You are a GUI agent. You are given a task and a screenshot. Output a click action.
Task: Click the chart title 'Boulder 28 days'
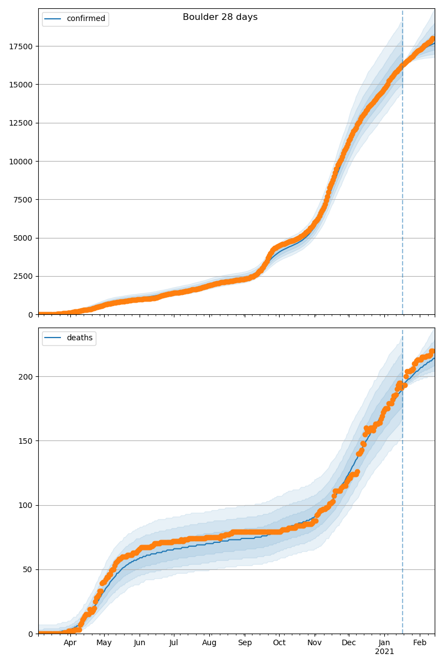(220, 17)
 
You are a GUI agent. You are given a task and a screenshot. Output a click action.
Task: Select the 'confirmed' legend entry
(85, 19)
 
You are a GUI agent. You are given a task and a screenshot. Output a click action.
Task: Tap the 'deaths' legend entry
(79, 338)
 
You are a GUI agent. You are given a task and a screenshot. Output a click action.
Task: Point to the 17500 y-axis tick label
(20, 46)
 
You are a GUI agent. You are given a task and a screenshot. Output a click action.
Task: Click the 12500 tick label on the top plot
(20, 123)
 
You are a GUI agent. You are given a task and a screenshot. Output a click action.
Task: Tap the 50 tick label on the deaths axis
(28, 570)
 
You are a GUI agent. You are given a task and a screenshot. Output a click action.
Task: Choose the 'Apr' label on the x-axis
(70, 643)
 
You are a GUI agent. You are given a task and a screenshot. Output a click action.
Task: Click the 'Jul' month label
(173, 643)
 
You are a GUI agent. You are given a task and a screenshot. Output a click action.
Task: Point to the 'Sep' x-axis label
(245, 643)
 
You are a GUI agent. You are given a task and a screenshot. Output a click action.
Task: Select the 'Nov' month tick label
(315, 643)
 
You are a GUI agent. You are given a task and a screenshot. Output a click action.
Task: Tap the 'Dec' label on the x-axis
(349, 643)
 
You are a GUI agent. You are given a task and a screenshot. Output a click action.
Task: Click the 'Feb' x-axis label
(420, 643)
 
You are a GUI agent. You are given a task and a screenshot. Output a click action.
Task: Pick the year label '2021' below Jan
(384, 652)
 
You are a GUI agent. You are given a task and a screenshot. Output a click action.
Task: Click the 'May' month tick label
(104, 643)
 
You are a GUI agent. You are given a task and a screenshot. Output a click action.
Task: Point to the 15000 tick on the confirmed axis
(20, 85)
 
